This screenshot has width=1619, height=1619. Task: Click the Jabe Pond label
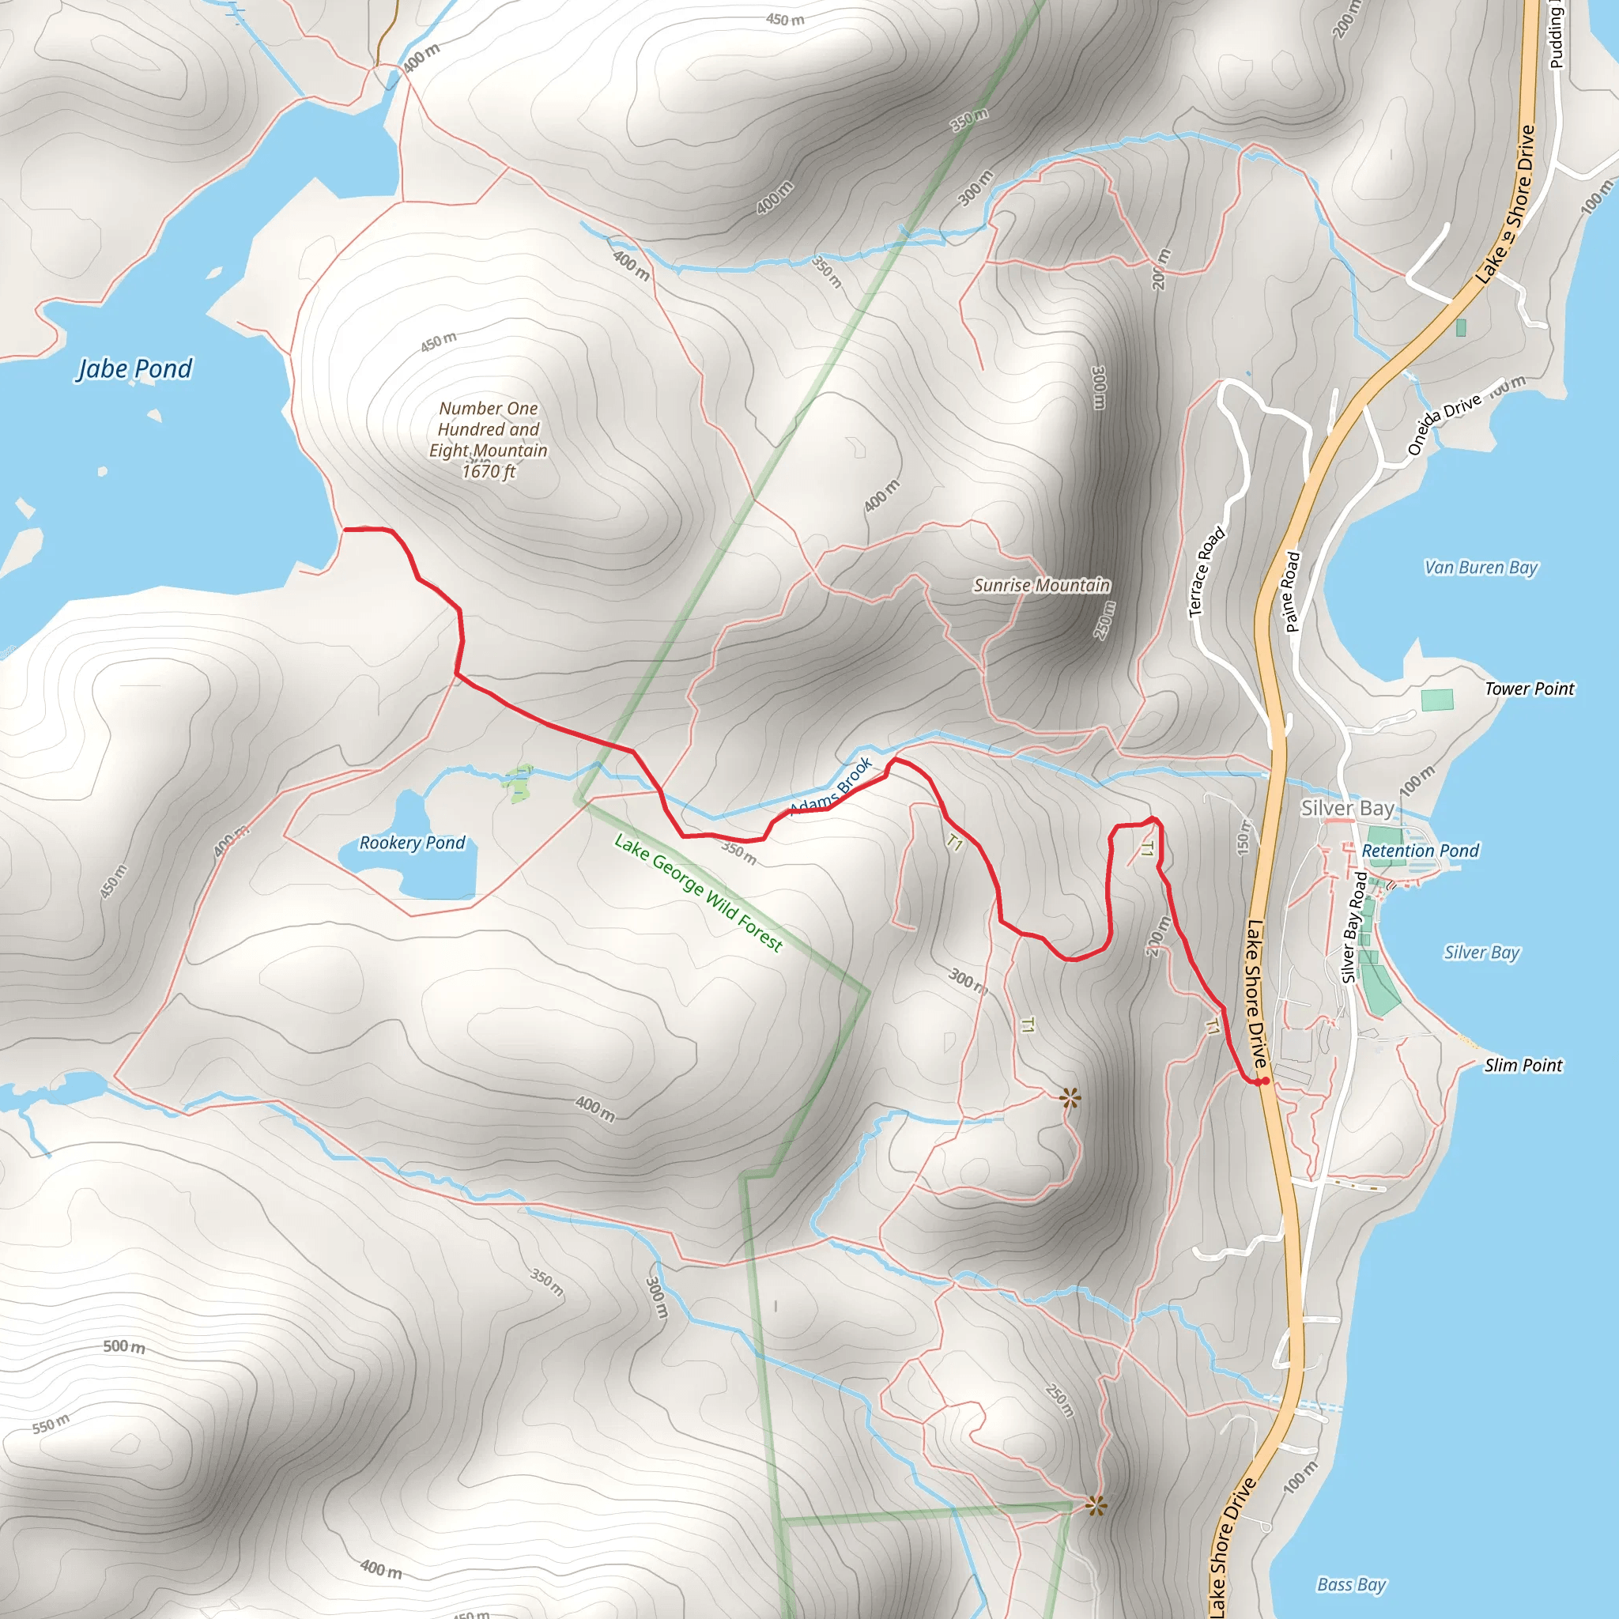[135, 368]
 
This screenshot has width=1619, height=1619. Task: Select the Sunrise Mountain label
[1042, 585]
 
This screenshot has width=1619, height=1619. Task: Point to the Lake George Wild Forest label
[698, 893]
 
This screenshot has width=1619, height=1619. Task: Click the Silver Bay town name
[1348, 808]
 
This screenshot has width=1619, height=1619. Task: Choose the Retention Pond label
[1421, 851]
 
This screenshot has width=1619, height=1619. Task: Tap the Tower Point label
[1530, 689]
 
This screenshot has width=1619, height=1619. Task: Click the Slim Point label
[1523, 1065]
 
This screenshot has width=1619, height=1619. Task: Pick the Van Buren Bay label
[1481, 568]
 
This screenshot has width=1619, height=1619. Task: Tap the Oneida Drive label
[1444, 425]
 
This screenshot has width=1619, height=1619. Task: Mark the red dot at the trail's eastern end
[1265, 1082]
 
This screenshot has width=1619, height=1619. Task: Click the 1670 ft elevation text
[489, 472]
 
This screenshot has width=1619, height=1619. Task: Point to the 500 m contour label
[124, 1346]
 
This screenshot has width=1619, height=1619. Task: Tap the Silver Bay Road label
[1354, 926]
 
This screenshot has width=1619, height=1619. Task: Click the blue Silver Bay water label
[1481, 952]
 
